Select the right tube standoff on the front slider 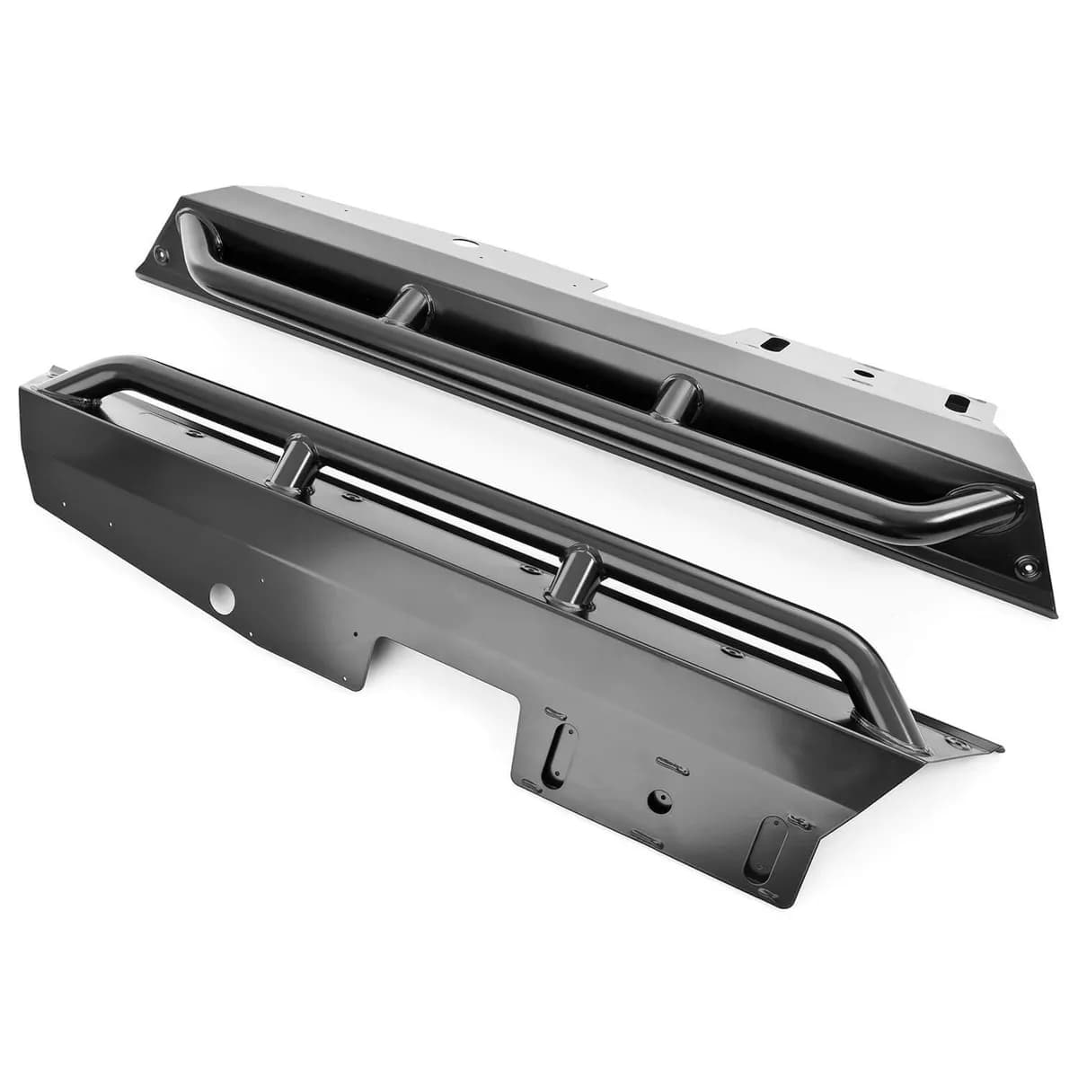[x=571, y=580]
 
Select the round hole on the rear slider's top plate [x=464, y=243]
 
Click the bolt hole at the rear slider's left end [x=161, y=255]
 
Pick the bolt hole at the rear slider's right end [x=1025, y=566]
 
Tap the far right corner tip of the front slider [x=999, y=747]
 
